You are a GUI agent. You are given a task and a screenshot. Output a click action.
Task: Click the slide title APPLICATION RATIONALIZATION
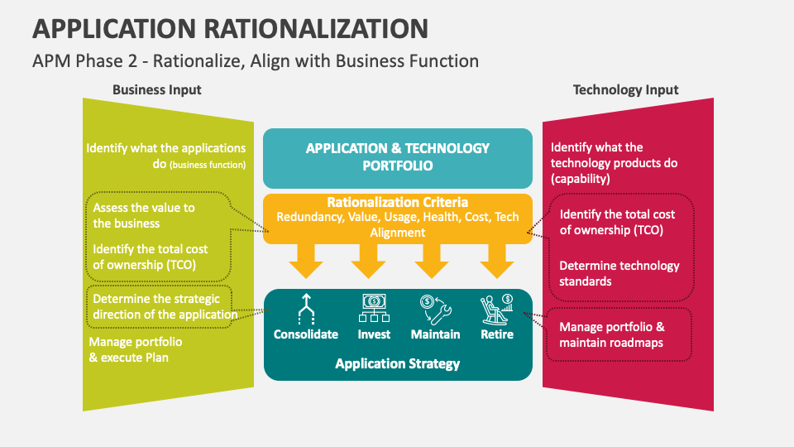(231, 28)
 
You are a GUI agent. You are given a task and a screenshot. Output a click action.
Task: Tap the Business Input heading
(157, 89)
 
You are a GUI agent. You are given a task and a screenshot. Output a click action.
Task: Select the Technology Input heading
(625, 89)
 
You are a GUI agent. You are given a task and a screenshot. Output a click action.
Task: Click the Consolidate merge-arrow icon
(306, 309)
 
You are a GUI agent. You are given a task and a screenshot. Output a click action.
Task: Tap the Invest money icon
(374, 308)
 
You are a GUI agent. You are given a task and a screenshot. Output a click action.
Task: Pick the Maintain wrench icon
(436, 309)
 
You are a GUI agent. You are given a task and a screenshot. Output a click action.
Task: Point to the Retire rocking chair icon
(497, 309)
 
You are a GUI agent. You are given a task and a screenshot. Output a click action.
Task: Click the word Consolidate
(306, 334)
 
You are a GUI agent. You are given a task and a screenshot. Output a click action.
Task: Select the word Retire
(497, 334)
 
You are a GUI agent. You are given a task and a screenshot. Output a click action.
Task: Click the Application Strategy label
(398, 364)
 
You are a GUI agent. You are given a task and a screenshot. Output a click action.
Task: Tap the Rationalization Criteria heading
(398, 202)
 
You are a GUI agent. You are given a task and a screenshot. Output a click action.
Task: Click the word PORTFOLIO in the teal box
(398, 166)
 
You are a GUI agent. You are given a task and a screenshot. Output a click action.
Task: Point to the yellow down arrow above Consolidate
(306, 261)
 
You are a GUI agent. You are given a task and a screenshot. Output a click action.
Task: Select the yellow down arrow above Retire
(497, 261)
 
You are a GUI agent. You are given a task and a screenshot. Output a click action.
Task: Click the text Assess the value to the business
(144, 215)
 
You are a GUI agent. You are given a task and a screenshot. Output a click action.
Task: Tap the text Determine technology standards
(619, 274)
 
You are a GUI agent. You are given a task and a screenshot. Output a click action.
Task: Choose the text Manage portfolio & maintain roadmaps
(612, 335)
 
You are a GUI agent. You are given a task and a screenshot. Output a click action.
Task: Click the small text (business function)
(208, 165)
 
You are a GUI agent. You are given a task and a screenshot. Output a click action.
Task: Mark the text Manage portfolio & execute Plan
(136, 349)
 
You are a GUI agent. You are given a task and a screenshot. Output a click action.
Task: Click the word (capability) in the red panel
(581, 179)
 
